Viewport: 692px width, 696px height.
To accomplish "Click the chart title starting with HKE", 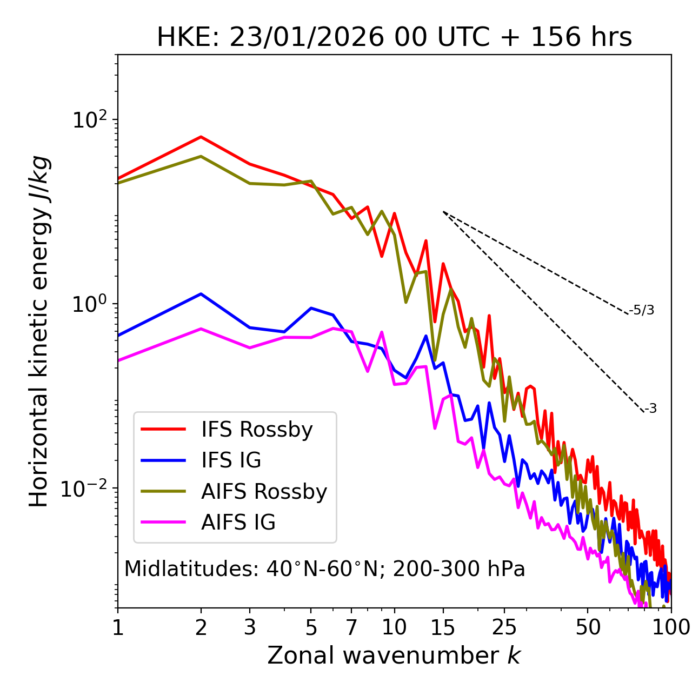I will tap(394, 38).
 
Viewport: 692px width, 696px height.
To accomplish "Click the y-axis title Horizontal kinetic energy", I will tap(39, 331).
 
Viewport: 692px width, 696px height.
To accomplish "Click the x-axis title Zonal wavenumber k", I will tap(394, 655).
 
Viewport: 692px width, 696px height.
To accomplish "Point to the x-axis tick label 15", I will tap(443, 627).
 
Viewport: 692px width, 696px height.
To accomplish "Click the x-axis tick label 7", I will tap(351, 627).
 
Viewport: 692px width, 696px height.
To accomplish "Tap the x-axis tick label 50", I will tap(588, 627).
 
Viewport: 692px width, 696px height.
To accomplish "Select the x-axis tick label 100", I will tap(671, 627).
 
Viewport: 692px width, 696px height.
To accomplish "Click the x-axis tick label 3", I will tap(250, 627).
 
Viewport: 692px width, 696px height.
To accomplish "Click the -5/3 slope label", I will tap(642, 310).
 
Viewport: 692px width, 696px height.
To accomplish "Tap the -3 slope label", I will tap(650, 409).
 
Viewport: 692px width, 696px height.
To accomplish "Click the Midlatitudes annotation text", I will tap(324, 569).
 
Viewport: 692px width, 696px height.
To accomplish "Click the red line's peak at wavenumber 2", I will tap(201, 137).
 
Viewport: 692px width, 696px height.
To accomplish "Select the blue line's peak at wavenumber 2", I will tap(201, 294).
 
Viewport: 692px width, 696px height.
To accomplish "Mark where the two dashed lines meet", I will tap(443, 212).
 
